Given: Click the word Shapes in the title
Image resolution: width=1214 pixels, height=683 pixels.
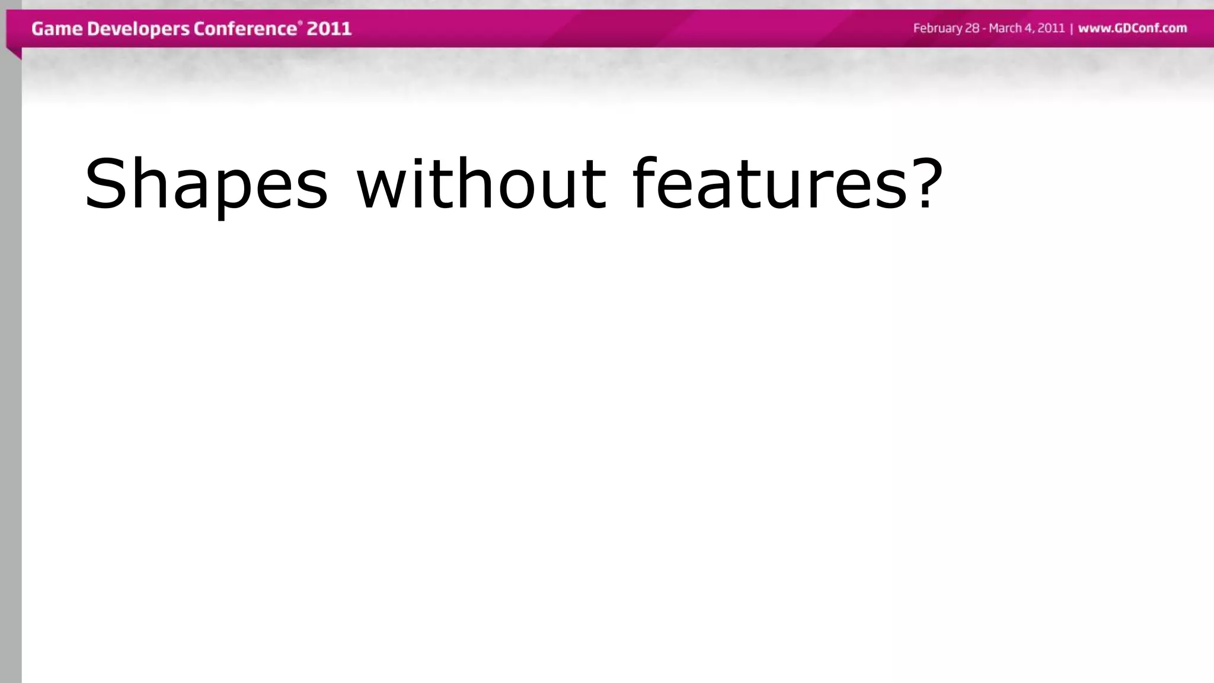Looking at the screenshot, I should tap(206, 184).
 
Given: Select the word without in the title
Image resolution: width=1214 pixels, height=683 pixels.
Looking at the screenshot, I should tap(481, 184).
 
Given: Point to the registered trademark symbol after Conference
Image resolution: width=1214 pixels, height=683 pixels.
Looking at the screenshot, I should tap(299, 23).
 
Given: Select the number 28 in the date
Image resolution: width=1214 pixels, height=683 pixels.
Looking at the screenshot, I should tap(973, 28).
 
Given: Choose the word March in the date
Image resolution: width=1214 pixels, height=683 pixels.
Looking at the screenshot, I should tap(1005, 28).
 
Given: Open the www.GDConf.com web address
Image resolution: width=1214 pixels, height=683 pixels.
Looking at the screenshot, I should tap(1132, 28).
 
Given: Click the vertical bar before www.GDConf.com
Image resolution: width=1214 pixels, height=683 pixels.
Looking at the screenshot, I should tap(1072, 28).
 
